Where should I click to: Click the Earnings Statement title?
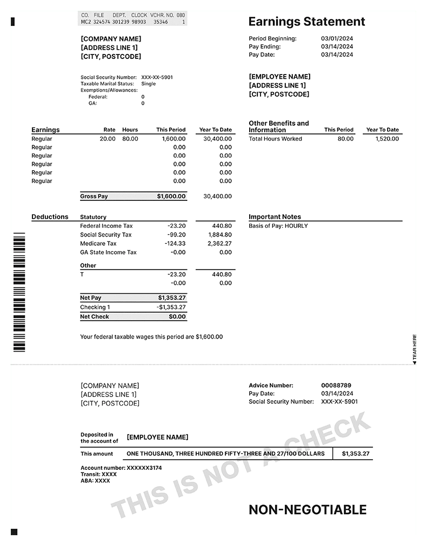point(306,22)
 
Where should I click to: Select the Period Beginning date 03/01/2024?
point(337,39)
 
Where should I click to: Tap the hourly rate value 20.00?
point(108,139)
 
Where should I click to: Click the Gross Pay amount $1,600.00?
point(171,197)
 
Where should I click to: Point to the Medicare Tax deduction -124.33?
point(175,244)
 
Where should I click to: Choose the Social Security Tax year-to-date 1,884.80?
point(219,235)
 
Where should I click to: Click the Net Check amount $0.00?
point(177,317)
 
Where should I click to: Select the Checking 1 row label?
point(95,307)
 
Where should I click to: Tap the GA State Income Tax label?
point(108,252)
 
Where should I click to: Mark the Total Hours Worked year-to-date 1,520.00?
point(387,139)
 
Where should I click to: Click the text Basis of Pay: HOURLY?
point(278,226)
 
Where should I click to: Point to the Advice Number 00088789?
point(336,386)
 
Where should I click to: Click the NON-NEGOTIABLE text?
point(308,510)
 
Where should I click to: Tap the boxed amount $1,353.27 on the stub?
point(356,454)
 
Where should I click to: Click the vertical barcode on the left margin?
point(19,292)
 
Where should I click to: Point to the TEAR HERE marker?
point(415,349)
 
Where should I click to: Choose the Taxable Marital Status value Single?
point(148,84)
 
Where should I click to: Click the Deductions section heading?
point(50,217)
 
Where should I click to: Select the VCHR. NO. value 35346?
point(160,22)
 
